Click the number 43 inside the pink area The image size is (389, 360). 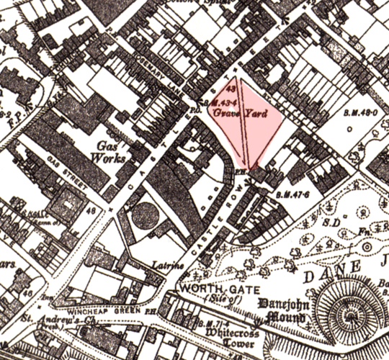click(231, 90)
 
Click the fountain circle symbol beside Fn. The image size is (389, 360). click(367, 247)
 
